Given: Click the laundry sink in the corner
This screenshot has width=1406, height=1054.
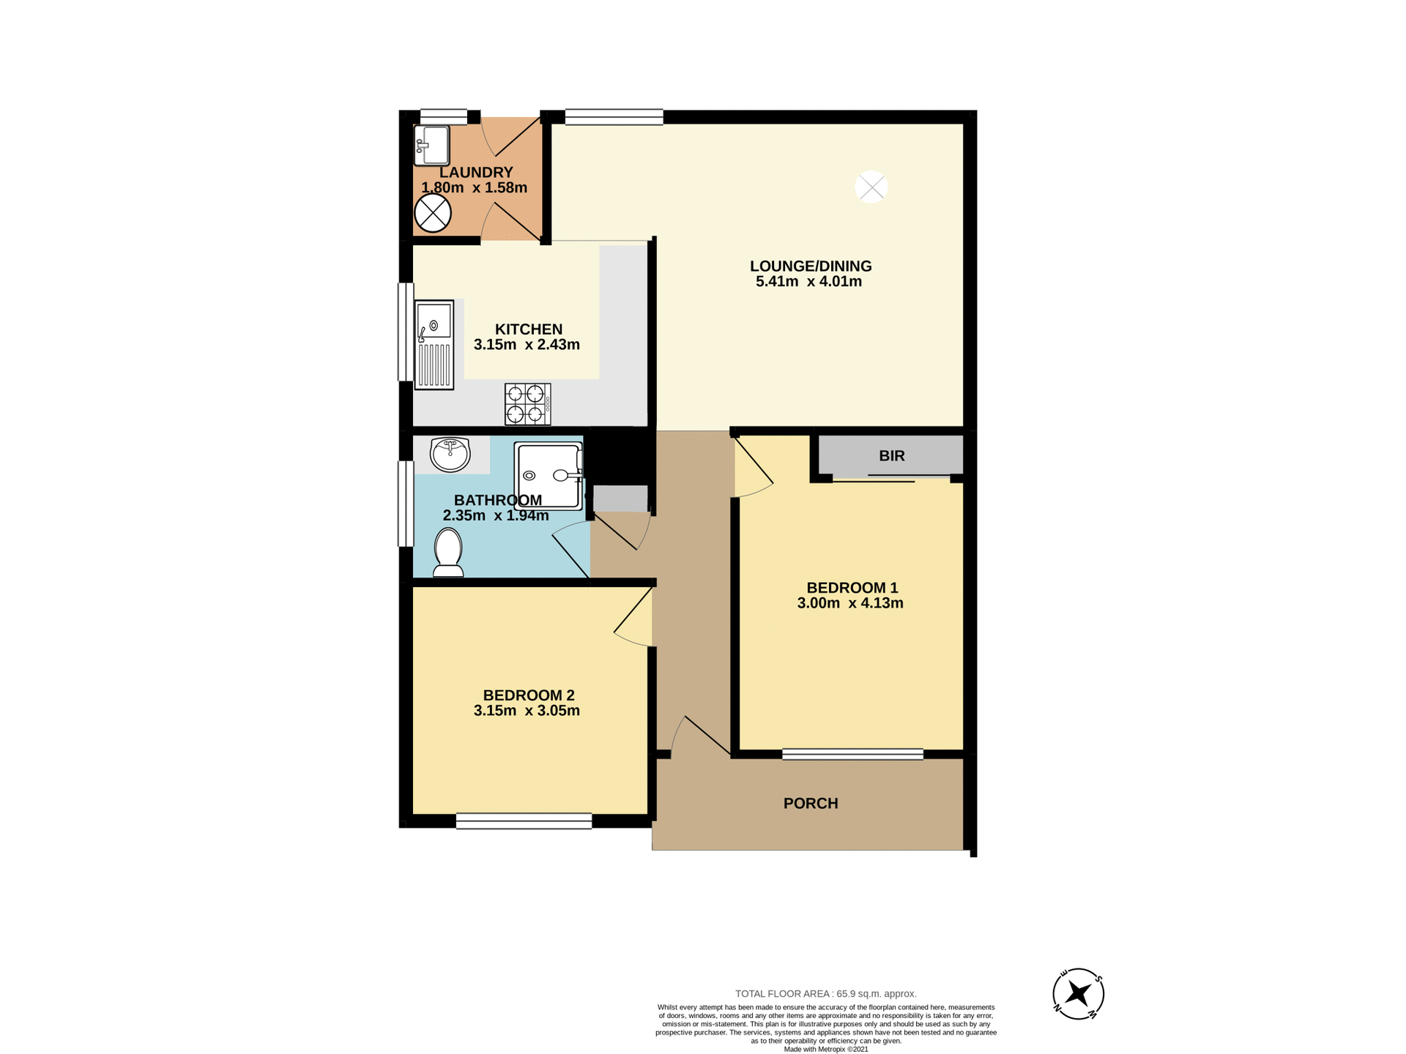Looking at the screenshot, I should [x=432, y=145].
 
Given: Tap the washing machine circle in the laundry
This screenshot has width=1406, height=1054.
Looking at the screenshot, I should [x=433, y=214].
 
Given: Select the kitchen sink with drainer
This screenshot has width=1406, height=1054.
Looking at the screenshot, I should [x=434, y=344].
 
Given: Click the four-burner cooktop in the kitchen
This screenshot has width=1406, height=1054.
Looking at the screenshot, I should [x=527, y=404].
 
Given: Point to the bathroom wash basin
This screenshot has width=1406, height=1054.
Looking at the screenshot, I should [x=450, y=454].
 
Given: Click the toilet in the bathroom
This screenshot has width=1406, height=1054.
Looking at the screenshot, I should [x=448, y=553].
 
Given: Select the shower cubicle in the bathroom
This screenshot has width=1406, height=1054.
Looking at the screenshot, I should [x=548, y=476].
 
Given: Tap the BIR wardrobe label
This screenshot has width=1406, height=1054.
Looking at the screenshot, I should [x=891, y=456].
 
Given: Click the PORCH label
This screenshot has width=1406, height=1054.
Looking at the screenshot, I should [x=811, y=803].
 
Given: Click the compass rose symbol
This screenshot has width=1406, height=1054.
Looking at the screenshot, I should [x=1078, y=993].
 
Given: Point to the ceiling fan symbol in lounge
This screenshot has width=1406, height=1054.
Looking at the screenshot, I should [x=871, y=187].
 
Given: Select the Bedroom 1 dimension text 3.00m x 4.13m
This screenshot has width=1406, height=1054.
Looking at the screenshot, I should [x=850, y=603].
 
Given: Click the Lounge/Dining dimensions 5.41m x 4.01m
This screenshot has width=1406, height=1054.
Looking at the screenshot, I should [x=808, y=282].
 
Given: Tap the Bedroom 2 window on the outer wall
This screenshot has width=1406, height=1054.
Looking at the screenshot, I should [x=524, y=821].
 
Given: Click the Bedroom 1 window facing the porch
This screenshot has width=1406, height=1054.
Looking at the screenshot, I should [x=852, y=754].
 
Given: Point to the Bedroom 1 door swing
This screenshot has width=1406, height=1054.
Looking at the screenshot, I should [x=753, y=468].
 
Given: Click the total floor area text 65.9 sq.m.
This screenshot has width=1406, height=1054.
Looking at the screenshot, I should [x=825, y=993].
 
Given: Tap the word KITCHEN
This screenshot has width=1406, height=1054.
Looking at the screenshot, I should [x=528, y=329].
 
